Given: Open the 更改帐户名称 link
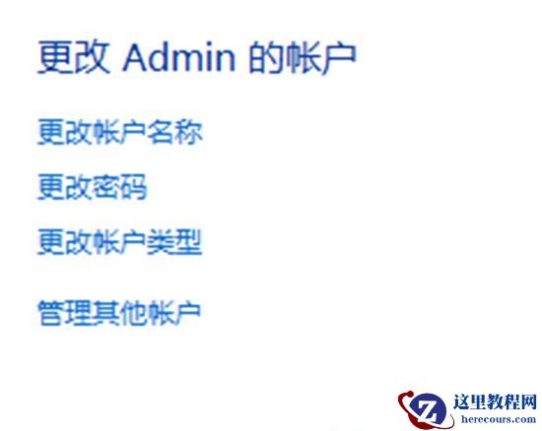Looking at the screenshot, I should point(119,132).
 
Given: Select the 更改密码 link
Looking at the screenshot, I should point(92,187).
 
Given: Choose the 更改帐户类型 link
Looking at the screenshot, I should point(119,241).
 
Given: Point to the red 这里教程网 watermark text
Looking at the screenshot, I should point(494,402).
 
